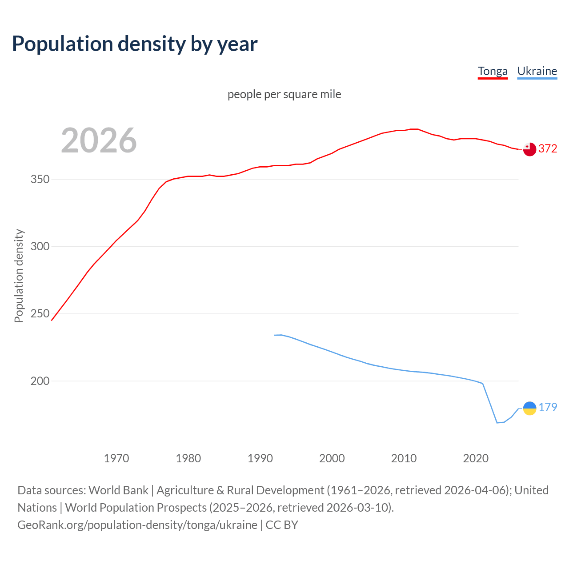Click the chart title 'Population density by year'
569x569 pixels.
135,44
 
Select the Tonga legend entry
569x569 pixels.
493,71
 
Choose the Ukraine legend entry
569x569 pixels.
537,71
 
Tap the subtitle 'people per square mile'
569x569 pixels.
284,94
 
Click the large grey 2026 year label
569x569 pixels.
99,140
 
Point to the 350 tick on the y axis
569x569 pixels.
40,179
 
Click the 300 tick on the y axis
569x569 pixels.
40,246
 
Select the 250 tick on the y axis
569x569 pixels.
40,314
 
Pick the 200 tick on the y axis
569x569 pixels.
40,381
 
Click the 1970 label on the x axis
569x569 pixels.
116,458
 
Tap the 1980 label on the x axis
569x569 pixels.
188,458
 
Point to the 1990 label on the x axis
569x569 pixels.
260,458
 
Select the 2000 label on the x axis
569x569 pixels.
332,458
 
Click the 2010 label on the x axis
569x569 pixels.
404,458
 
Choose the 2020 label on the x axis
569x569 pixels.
476,458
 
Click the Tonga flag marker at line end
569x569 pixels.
529,149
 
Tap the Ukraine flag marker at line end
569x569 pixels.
529,408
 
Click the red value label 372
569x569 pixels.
548,148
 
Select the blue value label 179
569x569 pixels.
548,407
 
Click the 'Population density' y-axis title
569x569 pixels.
19,276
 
